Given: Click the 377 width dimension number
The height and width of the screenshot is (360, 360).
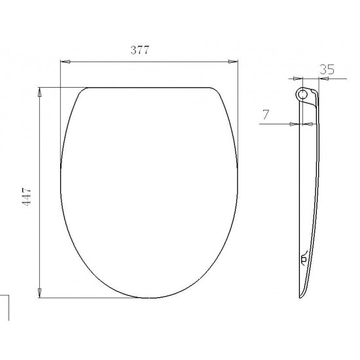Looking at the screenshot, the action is pyautogui.click(x=140, y=50).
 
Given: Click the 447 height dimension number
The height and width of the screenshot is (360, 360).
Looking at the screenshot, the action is pyautogui.click(x=26, y=196).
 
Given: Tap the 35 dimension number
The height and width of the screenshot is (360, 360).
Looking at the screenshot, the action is pyautogui.click(x=327, y=69).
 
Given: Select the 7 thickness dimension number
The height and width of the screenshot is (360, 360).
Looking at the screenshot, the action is pyautogui.click(x=266, y=115).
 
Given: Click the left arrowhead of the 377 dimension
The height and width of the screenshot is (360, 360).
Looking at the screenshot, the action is pyautogui.click(x=65, y=62).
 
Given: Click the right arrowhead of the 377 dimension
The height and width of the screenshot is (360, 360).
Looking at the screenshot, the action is pyautogui.click(x=233, y=62).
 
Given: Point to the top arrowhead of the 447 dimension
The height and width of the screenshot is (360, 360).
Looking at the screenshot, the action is pyautogui.click(x=39, y=92).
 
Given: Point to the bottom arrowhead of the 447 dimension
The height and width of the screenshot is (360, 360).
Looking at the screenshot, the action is pyautogui.click(x=39, y=293).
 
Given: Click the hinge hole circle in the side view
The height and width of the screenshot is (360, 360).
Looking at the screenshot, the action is pyautogui.click(x=303, y=94).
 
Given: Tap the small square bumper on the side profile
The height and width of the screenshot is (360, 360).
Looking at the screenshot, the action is pyautogui.click(x=304, y=259).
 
